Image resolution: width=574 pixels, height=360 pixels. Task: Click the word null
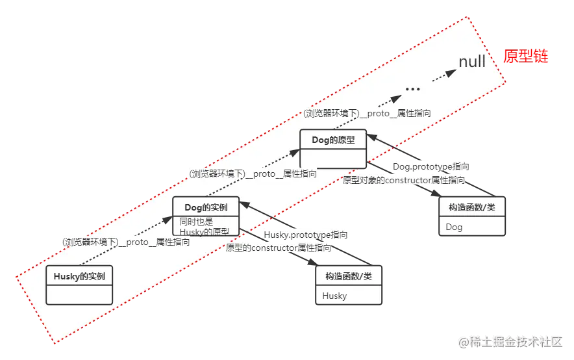click(x=472, y=62)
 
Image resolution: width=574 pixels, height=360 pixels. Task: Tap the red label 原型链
click(x=526, y=57)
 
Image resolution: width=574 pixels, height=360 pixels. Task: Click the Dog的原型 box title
click(x=333, y=139)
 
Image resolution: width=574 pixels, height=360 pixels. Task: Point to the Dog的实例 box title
click(x=206, y=207)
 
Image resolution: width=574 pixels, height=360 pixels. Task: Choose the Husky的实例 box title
click(x=79, y=276)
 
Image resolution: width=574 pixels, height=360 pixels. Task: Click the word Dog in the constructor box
click(x=455, y=227)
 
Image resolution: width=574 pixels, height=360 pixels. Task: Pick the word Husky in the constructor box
click(x=335, y=296)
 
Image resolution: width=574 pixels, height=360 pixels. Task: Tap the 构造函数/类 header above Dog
click(x=472, y=207)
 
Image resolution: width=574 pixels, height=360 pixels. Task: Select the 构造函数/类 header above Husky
click(x=349, y=276)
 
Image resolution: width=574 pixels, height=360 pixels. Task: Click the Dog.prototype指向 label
click(x=432, y=166)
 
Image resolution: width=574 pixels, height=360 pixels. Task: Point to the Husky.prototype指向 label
click(x=305, y=235)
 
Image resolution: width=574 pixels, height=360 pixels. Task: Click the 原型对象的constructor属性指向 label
click(x=404, y=180)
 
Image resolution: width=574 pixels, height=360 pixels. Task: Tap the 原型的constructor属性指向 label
click(x=279, y=248)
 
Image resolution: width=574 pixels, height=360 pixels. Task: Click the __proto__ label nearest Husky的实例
click(x=126, y=242)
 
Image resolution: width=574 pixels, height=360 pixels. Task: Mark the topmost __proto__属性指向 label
click(x=367, y=112)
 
